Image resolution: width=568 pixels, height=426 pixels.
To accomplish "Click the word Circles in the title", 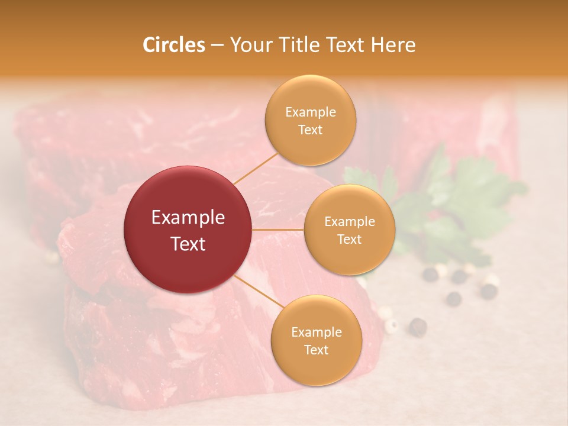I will coord(174,45).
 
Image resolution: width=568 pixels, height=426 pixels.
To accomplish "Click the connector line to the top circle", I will coord(256,168).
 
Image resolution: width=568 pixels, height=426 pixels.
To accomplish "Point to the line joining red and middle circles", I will coord(278,230).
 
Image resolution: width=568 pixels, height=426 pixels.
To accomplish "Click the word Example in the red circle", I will coord(188,218).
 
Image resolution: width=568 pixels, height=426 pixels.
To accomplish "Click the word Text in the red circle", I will coord(188,244).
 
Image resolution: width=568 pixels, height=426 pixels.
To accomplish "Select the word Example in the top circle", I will coord(310,112).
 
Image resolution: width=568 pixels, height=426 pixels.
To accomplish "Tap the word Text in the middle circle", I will coord(350,239).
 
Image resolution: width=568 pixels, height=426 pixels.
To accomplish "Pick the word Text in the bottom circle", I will coord(316,350).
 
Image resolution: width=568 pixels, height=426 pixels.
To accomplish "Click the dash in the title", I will coord(217,46).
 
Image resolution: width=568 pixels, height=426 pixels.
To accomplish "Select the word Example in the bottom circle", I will coord(316,332).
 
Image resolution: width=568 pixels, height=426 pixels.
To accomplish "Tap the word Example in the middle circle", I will coord(350,221).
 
